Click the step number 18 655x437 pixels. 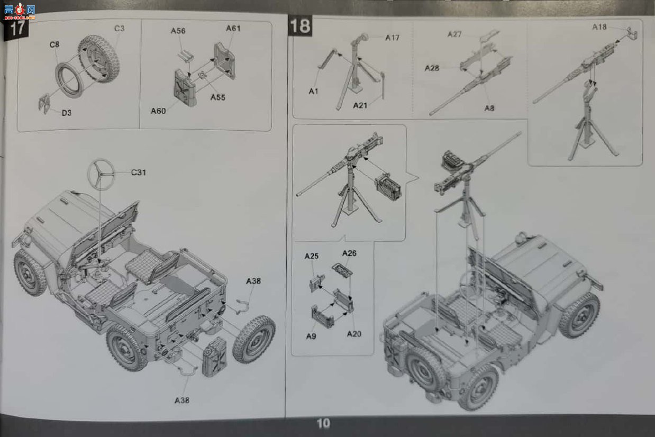click(x=300, y=25)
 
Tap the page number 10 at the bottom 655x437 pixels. click(x=323, y=423)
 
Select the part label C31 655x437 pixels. click(x=138, y=172)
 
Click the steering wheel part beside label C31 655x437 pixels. click(x=101, y=175)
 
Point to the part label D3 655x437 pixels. click(x=66, y=113)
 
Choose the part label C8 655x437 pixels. click(x=54, y=44)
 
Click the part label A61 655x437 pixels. click(x=233, y=29)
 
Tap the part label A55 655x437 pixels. click(x=218, y=97)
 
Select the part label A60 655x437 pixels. click(x=158, y=111)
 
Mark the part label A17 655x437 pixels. click(x=392, y=38)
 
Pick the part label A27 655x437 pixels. click(x=454, y=34)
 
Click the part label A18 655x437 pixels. click(x=599, y=27)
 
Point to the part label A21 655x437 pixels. click(x=360, y=105)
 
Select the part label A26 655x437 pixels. click(x=349, y=253)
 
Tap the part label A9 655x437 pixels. click(x=311, y=336)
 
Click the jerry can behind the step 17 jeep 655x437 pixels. click(x=215, y=357)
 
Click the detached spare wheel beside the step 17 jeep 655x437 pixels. click(x=254, y=339)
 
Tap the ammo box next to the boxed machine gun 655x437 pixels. click(x=388, y=187)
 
